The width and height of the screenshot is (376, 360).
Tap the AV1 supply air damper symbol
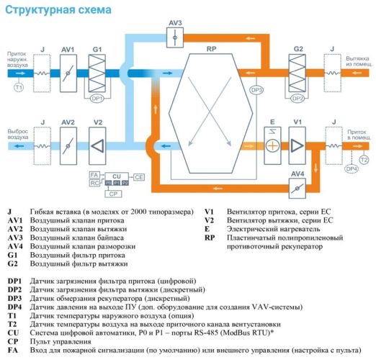[x=68, y=73]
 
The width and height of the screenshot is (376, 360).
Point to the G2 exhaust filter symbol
[x=298, y=73]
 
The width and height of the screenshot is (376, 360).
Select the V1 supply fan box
[x=297, y=145]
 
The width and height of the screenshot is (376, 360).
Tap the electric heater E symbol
[x=271, y=145]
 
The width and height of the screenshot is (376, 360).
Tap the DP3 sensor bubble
[x=256, y=90]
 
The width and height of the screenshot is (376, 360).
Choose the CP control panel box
[x=112, y=193]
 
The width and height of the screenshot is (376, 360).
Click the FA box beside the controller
[x=94, y=175]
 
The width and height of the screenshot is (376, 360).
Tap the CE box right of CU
[x=139, y=176]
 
